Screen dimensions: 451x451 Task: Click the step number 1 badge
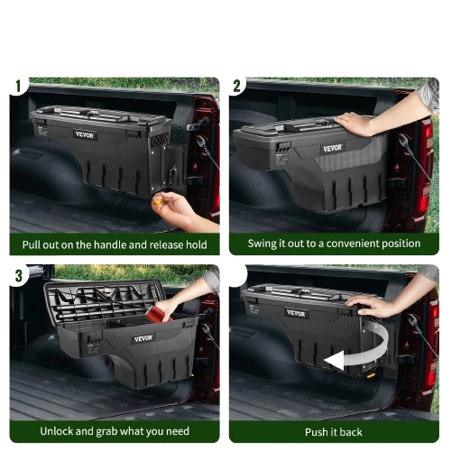point(18,87)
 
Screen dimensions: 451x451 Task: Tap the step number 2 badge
point(237,87)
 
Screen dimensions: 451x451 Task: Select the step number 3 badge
point(19,275)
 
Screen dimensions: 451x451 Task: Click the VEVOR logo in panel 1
point(85,134)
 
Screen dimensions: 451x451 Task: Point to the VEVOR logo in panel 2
point(333,148)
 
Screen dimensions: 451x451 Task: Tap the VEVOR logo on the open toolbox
point(143,338)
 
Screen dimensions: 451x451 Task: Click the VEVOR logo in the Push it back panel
point(296,313)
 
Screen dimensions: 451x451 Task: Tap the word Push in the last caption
point(315,432)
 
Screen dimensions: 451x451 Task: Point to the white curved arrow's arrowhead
point(335,360)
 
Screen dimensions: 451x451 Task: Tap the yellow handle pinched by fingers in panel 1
point(159,201)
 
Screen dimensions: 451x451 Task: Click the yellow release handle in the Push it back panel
point(372,375)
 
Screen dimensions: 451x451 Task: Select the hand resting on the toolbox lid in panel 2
point(354,123)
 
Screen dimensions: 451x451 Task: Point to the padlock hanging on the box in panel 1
point(173,176)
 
